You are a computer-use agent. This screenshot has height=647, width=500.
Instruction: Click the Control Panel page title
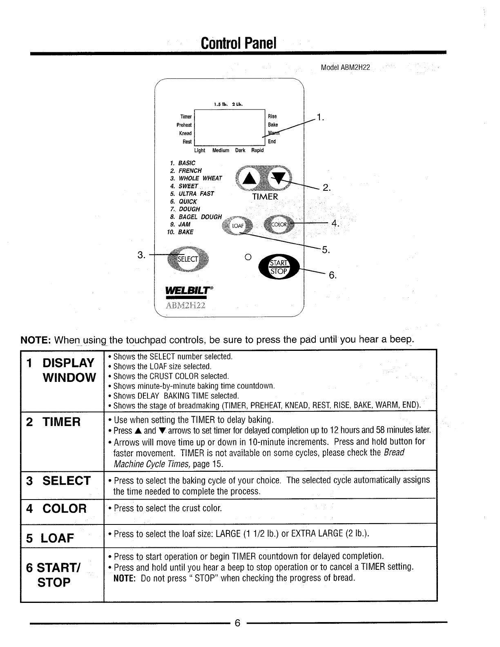(x=239, y=42)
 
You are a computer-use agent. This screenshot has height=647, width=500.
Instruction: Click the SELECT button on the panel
(x=188, y=259)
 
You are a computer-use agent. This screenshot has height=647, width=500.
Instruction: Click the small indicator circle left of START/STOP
(x=247, y=257)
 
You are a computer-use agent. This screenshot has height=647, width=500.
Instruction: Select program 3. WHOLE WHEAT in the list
(x=196, y=178)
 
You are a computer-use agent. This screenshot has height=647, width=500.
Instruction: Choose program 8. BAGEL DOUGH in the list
(x=196, y=217)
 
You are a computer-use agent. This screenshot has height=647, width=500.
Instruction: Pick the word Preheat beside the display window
(x=184, y=125)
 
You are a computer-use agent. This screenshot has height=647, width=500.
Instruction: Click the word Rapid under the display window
(x=257, y=150)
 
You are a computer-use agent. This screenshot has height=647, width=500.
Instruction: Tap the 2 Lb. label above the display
(x=237, y=104)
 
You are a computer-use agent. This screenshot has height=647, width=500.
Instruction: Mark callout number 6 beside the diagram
(x=333, y=275)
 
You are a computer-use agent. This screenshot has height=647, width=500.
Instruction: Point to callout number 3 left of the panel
(x=141, y=256)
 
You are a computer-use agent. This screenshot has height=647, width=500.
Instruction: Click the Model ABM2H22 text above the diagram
(x=345, y=67)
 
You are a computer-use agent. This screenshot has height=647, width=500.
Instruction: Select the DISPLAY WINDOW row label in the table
(x=62, y=370)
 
